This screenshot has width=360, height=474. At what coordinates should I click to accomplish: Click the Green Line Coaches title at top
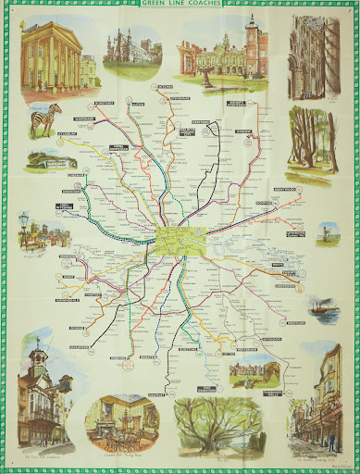180,6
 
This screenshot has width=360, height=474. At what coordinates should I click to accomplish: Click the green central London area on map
173,243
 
